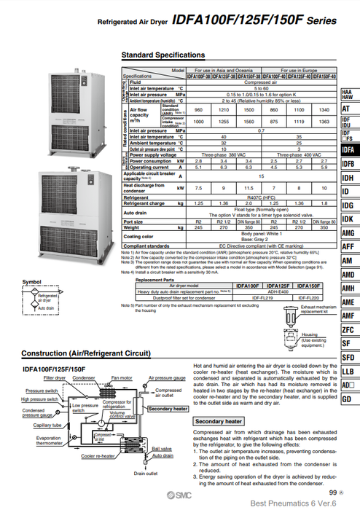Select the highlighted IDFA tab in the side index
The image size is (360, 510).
[349, 149]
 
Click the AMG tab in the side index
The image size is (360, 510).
[348, 233]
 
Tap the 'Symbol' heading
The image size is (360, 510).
[31, 282]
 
